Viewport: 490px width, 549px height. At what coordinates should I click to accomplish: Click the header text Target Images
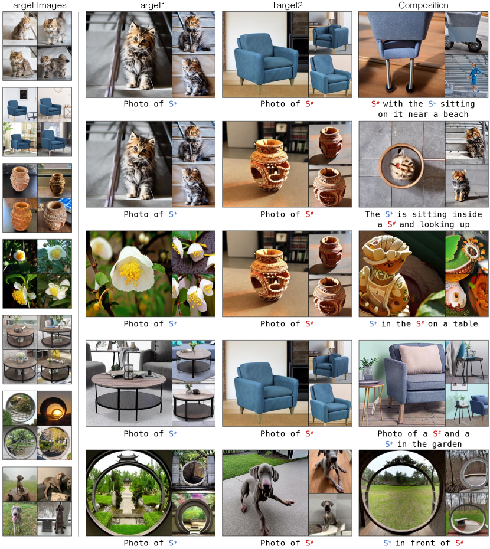click(x=37, y=5)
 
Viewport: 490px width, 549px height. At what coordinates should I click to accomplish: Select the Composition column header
click(x=423, y=5)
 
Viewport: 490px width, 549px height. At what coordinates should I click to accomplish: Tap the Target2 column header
click(x=287, y=5)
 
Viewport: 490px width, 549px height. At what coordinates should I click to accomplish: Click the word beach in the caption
click(x=455, y=114)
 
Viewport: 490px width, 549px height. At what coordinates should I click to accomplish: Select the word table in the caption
click(x=465, y=324)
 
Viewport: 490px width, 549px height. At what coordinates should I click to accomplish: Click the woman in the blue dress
click(x=474, y=77)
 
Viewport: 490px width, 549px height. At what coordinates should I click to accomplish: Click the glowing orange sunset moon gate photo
click(x=55, y=408)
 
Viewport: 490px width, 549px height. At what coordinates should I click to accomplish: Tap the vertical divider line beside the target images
click(x=79, y=274)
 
